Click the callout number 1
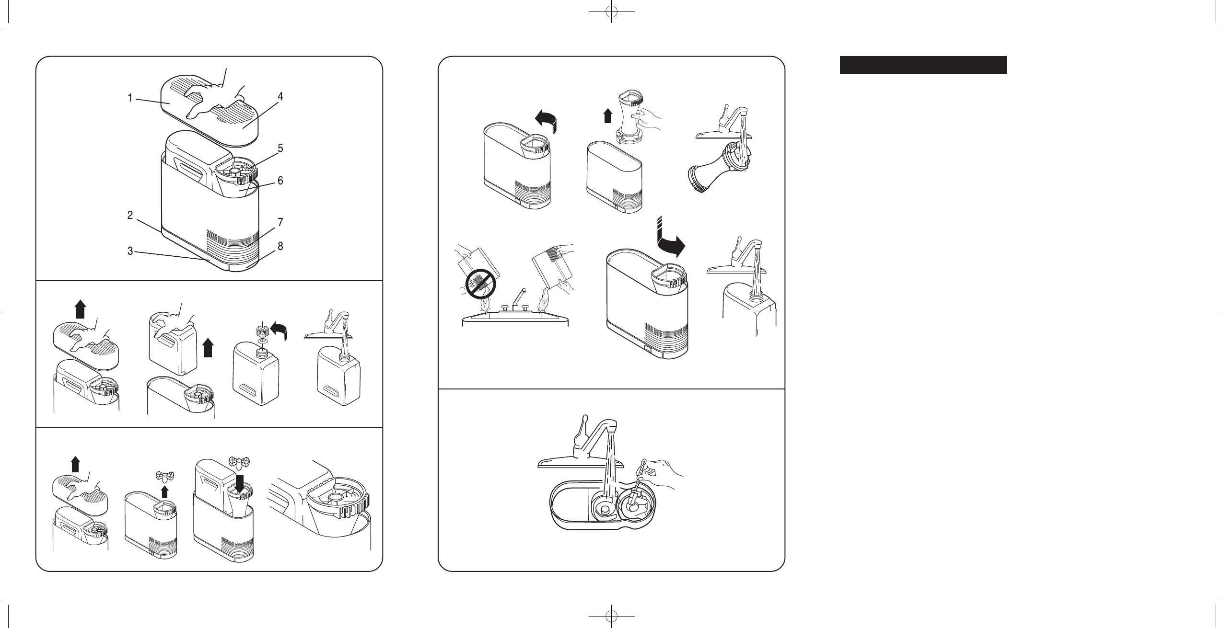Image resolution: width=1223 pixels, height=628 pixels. (130, 98)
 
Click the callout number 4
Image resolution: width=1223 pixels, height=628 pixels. (280, 97)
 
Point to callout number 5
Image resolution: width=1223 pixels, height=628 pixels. (280, 148)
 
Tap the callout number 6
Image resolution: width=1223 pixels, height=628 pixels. (280, 181)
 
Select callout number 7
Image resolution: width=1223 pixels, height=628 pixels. (280, 222)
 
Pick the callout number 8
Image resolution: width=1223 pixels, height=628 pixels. (280, 246)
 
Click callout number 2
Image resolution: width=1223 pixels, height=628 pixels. (130, 215)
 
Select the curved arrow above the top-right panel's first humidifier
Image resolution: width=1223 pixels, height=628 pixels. (545, 123)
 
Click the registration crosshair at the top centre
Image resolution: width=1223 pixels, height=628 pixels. (611, 12)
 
